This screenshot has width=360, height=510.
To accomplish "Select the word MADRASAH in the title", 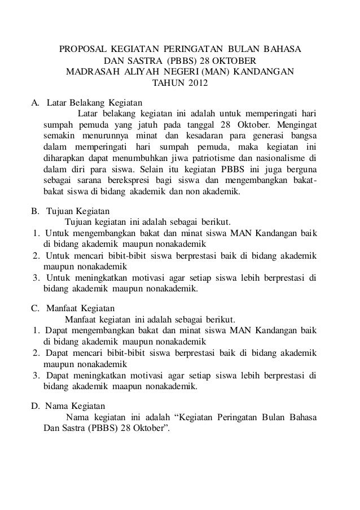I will (91, 73).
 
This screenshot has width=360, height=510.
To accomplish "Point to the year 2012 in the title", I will (197, 85).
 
